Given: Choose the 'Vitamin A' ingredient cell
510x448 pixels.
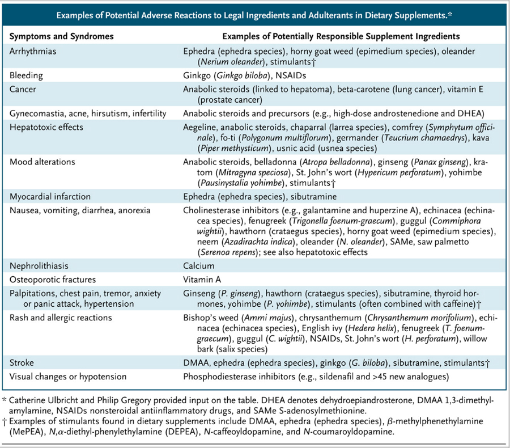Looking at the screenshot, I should pyautogui.click(x=202, y=279).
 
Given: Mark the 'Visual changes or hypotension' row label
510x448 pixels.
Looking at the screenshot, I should pyautogui.click(x=69, y=375).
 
